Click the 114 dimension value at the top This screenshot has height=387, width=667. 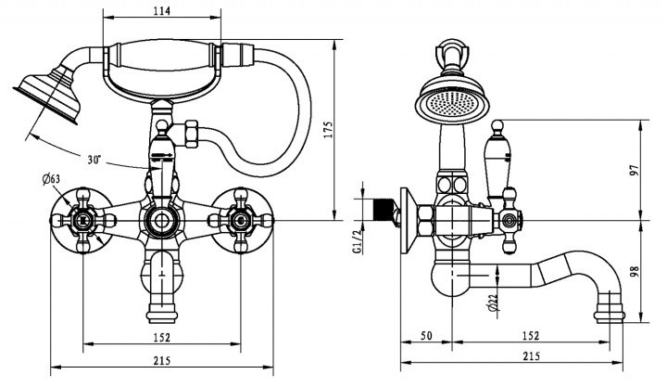[161, 10]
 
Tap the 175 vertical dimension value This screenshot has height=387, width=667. [328, 130]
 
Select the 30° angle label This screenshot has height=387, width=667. [94, 160]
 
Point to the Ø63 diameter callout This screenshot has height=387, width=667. [51, 179]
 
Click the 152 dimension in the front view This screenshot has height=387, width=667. [161, 337]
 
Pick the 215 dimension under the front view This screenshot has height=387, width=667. [161, 361]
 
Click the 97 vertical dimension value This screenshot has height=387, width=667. [635, 171]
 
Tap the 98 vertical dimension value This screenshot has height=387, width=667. [635, 271]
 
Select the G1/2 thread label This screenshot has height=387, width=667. [358, 240]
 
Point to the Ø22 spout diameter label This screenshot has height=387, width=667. [493, 303]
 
